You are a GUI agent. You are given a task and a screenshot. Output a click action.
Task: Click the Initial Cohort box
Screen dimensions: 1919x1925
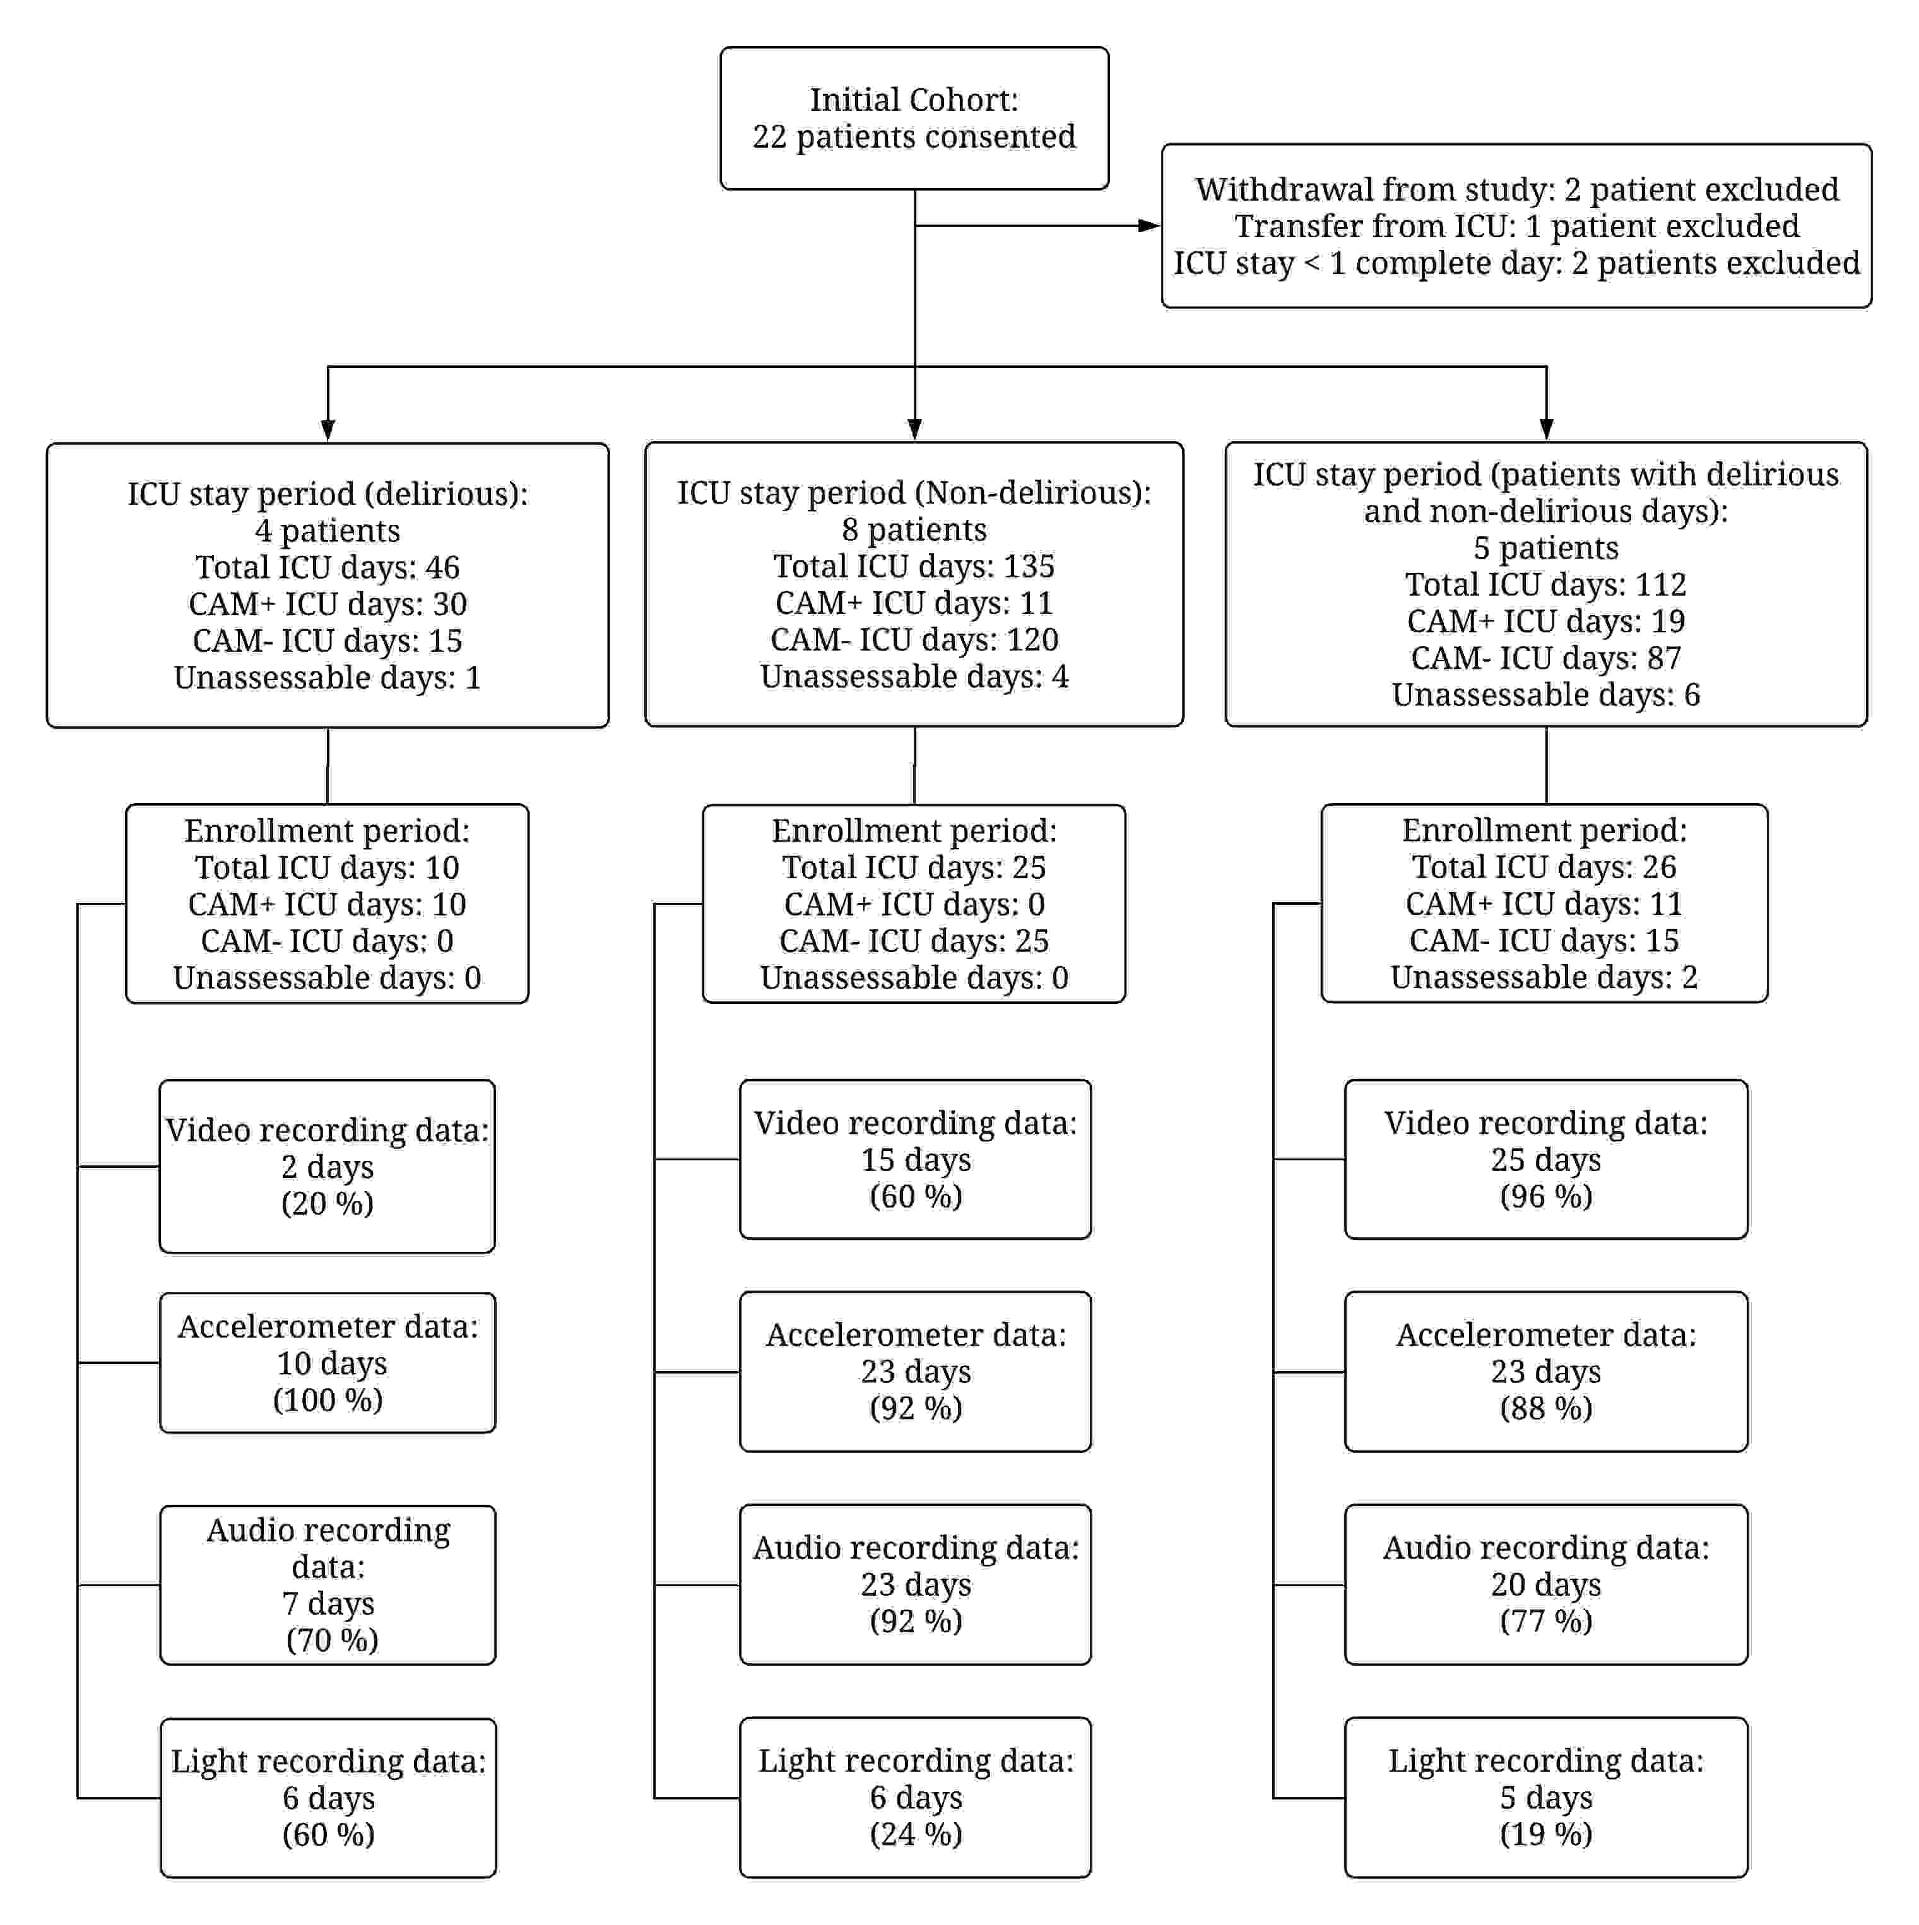coord(914,117)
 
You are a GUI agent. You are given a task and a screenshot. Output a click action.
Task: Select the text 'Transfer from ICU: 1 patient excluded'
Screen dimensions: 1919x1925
coord(1516,226)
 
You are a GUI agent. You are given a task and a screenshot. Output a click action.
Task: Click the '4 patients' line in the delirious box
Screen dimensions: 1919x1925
coord(328,530)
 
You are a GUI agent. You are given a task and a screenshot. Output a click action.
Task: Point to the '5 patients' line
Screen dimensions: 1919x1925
coord(1545,547)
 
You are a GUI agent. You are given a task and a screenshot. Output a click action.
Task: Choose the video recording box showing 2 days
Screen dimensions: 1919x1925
coord(327,1166)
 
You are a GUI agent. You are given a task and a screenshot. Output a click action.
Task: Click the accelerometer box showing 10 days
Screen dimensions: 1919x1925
coord(327,1362)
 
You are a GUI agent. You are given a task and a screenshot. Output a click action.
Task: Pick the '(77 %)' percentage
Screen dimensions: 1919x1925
coord(1545,1620)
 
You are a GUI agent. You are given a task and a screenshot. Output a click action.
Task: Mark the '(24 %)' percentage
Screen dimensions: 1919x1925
coord(916,1834)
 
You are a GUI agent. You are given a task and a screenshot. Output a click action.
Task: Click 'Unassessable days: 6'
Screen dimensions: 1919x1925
coord(1545,695)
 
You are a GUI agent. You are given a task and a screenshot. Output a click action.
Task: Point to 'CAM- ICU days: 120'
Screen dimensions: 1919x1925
coord(914,640)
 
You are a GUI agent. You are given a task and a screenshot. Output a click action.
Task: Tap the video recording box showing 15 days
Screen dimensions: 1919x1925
coord(914,1159)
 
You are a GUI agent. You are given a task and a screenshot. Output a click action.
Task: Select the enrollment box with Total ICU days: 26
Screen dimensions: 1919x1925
coord(1544,903)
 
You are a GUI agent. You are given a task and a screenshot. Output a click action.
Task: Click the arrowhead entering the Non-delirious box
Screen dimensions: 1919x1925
coord(914,430)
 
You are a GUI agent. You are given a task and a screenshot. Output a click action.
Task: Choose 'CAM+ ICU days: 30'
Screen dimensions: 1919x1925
coord(328,604)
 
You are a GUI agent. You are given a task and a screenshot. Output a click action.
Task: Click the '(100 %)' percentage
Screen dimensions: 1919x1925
coord(328,1400)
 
